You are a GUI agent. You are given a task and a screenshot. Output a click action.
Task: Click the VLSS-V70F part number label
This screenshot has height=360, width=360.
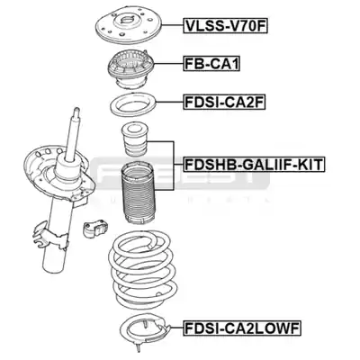pyautogui.click(x=225, y=26)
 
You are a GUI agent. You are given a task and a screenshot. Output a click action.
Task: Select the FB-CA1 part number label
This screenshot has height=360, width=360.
pyautogui.click(x=211, y=64)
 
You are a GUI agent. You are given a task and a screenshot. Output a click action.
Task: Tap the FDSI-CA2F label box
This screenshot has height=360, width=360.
pyautogui.click(x=224, y=103)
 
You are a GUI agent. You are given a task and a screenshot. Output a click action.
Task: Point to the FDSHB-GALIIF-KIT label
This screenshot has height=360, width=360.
pyautogui.click(x=254, y=165)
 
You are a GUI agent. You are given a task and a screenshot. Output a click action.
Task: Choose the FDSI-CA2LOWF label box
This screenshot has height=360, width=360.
pyautogui.click(x=242, y=328)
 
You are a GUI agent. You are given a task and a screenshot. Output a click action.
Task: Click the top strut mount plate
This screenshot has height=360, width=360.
pyautogui.click(x=129, y=28)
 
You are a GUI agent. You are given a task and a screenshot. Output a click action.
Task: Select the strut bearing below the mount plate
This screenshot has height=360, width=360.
pyautogui.click(x=130, y=69)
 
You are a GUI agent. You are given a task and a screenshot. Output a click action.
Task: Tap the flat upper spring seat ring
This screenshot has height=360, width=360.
pyautogui.click(x=133, y=105)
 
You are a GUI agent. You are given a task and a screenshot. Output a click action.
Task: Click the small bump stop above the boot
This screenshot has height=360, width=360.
pyautogui.click(x=135, y=139)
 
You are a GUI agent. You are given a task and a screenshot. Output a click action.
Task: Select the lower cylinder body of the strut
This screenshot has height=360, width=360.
pyautogui.click(x=57, y=240)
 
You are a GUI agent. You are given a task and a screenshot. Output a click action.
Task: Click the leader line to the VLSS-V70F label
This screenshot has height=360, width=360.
pyautogui.click(x=173, y=26)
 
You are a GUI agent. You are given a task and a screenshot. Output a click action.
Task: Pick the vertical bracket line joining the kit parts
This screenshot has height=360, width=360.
pyautogui.click(x=173, y=166)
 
